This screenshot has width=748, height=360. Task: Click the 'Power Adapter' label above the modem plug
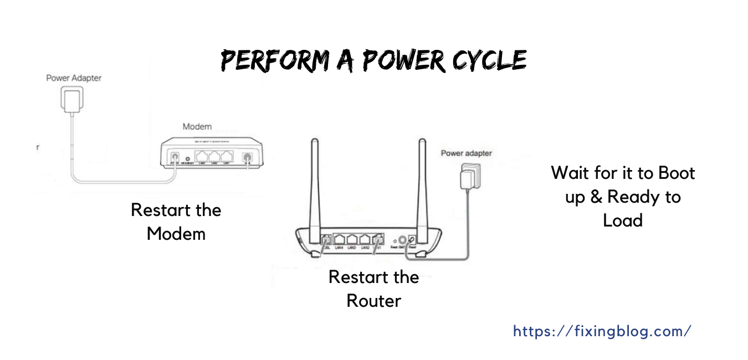coord(74,78)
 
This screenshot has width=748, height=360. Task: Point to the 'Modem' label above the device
coord(197,127)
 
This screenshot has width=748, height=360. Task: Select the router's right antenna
coord(421,183)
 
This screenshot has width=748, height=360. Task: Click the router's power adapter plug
coord(467,179)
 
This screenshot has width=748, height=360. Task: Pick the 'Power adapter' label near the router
coord(466,153)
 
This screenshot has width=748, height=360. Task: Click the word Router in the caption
coord(373,301)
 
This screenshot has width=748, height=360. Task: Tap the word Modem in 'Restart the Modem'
coord(176,234)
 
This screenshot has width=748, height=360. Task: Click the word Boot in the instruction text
coord(676,173)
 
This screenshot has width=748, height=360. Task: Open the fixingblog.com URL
coord(602,331)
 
